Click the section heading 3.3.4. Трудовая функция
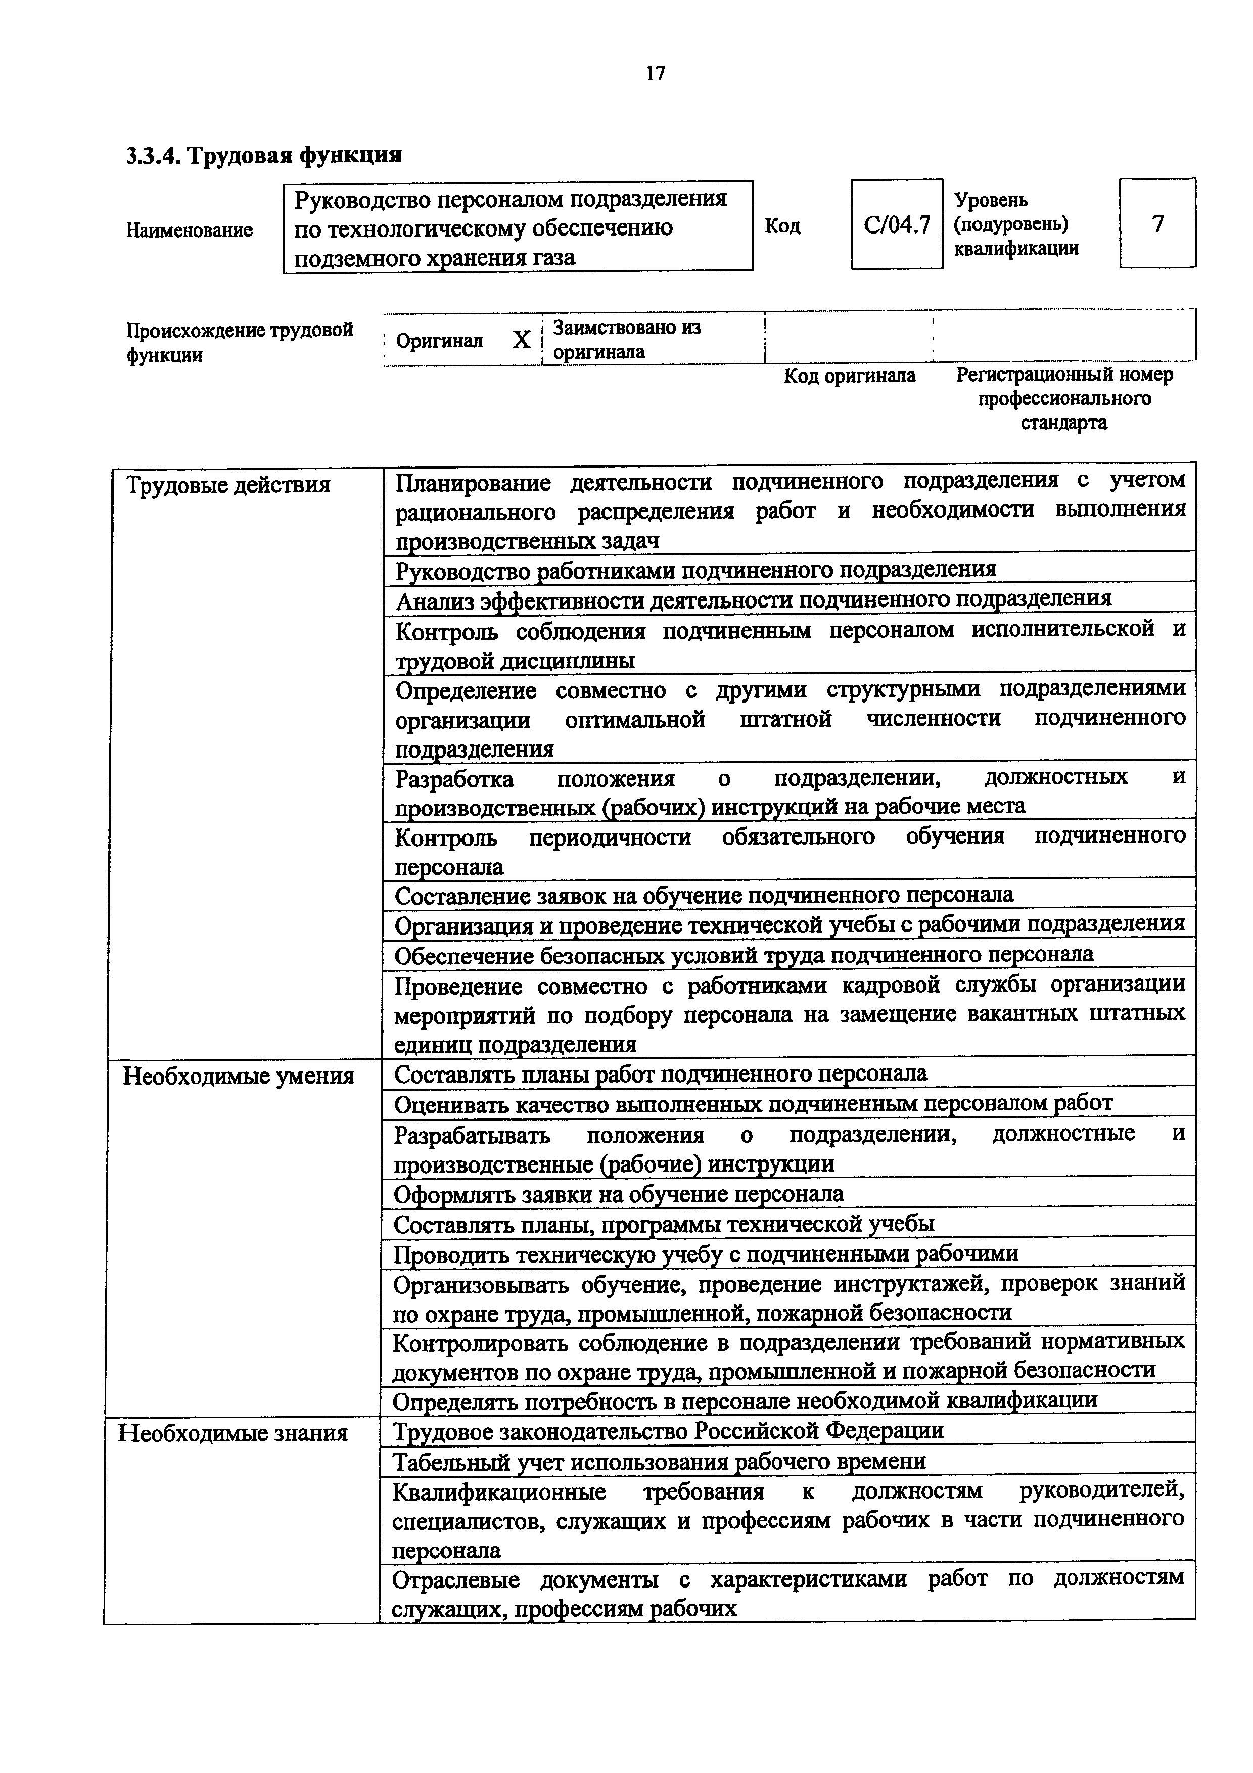tap(264, 155)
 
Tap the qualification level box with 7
tap(1157, 224)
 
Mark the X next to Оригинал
tap(522, 340)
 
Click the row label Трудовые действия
tap(228, 485)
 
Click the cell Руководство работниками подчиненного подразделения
tap(695, 570)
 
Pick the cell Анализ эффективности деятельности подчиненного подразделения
tap(753, 599)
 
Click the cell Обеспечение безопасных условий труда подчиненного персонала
tap(744, 955)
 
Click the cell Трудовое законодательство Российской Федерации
tap(669, 1431)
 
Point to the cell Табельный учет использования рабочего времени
tap(659, 1461)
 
